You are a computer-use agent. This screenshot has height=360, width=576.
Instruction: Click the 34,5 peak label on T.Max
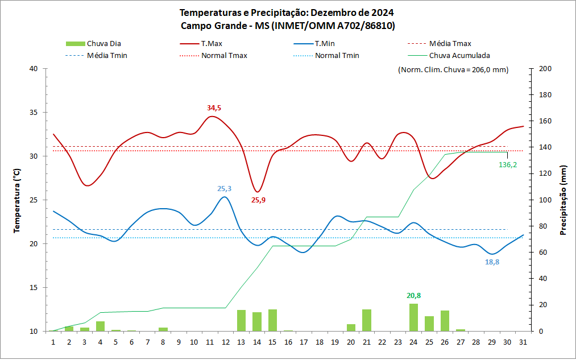[214, 107]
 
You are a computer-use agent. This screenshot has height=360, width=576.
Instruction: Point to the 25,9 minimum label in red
[259, 200]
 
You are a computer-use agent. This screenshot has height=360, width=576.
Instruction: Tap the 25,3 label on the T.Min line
[225, 189]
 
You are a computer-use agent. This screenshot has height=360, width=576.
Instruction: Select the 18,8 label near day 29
[492, 262]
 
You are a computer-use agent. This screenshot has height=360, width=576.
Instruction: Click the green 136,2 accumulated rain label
[508, 165]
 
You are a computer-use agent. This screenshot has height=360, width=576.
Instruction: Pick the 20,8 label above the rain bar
[413, 296]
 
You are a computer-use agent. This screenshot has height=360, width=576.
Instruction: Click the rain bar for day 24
[414, 317]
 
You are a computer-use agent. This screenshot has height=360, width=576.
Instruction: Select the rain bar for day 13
[241, 320]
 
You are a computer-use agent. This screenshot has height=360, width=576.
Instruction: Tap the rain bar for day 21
[367, 320]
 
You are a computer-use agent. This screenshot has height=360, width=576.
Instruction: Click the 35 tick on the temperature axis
[34, 113]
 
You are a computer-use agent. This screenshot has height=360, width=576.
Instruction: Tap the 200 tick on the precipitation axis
[545, 69]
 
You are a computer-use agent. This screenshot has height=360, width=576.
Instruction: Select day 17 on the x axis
[304, 342]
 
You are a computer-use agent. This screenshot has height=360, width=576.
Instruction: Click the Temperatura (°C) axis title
[17, 200]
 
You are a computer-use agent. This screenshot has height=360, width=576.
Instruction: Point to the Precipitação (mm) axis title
[563, 200]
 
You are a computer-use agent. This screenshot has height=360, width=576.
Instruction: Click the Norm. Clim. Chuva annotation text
[453, 70]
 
